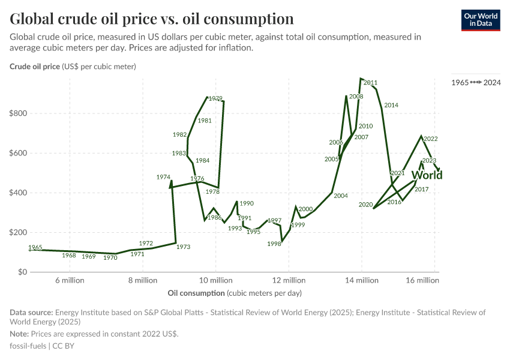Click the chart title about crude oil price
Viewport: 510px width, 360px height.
point(152,19)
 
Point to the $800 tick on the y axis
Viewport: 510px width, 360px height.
point(19,113)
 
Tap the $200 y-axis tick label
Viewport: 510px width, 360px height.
point(19,232)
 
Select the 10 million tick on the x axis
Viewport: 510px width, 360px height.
point(215,280)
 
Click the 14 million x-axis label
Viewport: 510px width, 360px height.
point(362,280)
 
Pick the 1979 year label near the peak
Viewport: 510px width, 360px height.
point(215,98)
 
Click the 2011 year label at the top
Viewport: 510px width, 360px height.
point(370,83)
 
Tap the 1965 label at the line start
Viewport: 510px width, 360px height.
point(35,247)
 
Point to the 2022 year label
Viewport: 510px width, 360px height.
point(430,139)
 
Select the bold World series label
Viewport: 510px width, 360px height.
point(427,175)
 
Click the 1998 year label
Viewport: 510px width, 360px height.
point(274,244)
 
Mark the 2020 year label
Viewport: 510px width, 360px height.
point(365,205)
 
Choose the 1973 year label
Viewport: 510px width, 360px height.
point(183,247)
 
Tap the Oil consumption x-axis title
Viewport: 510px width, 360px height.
point(196,293)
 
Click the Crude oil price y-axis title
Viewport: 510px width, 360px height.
point(35,67)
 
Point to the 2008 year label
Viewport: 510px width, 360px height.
point(356,97)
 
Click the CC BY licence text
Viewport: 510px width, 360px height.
point(64,346)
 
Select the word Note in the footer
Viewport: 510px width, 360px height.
point(19,334)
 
